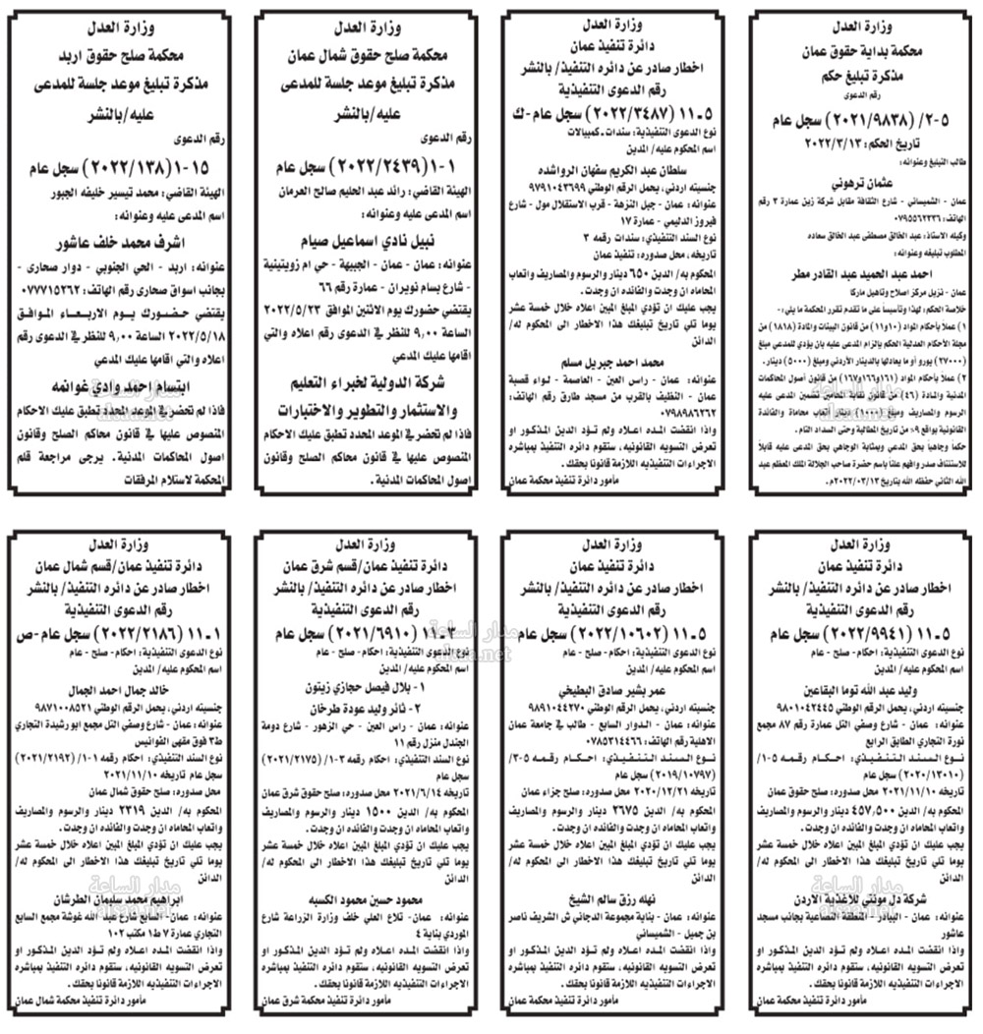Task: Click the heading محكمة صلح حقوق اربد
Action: point(123,58)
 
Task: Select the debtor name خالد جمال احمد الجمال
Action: point(123,690)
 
